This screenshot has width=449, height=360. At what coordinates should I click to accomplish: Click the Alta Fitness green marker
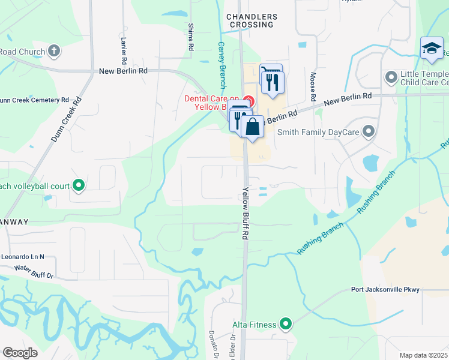[x=286, y=325]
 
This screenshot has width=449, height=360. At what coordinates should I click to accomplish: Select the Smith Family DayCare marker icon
[x=369, y=131]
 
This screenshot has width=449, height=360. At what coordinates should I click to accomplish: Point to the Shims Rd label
[x=191, y=37]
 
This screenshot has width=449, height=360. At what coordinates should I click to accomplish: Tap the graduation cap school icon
[x=432, y=49]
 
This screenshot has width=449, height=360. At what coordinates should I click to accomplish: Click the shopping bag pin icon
[x=253, y=127]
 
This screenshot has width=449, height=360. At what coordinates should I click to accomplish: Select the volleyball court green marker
[x=78, y=185]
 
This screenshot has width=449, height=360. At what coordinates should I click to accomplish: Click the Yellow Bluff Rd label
[x=245, y=214]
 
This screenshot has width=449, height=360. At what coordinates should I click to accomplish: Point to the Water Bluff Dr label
[x=34, y=272]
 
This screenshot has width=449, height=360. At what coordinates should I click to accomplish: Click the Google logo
[x=20, y=352]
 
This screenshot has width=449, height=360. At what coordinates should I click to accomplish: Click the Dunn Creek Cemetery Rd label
[x=34, y=100]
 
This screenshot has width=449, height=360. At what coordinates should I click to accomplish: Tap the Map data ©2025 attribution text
[x=424, y=355]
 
